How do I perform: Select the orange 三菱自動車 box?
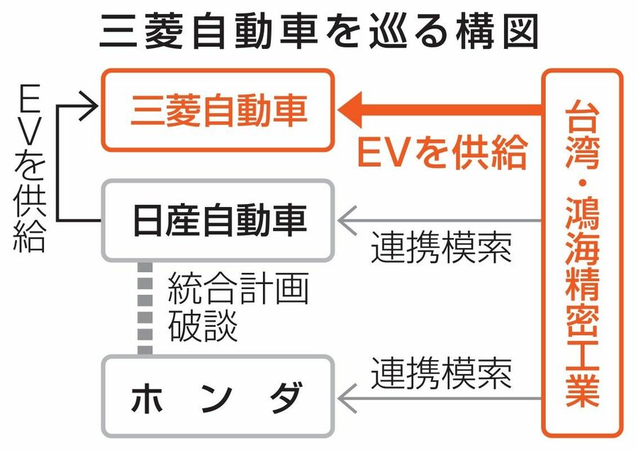[x=218, y=111]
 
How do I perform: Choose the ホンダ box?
[x=218, y=397]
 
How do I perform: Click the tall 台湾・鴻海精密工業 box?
[x=582, y=253]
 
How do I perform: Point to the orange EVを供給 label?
[x=442, y=152]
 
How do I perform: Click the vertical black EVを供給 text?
[x=29, y=169]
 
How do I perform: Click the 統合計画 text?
[x=238, y=291]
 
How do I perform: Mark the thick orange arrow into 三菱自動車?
[x=440, y=111]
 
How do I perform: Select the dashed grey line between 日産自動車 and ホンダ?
[x=145, y=308]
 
